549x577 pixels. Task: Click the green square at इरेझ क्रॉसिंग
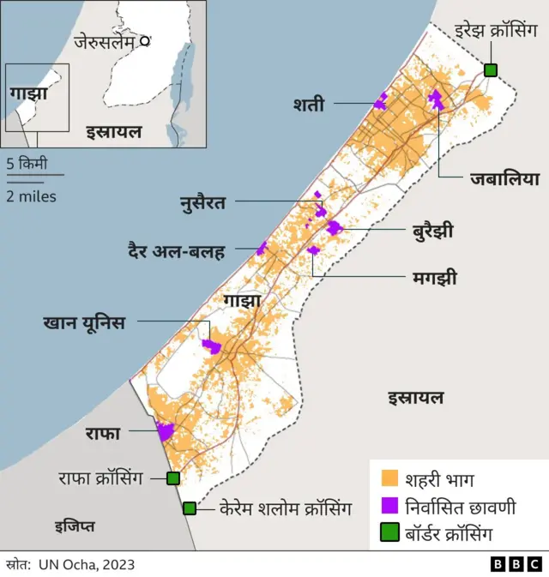pyautogui.click(x=491, y=70)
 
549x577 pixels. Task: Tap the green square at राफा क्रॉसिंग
pyautogui.click(x=173, y=478)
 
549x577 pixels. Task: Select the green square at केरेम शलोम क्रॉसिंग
pyautogui.click(x=190, y=508)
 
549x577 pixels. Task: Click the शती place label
pyautogui.click(x=308, y=105)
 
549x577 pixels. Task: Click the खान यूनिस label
pyautogui.click(x=84, y=322)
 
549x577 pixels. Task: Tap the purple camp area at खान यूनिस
pyautogui.click(x=211, y=346)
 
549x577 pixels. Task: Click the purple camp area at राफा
pyautogui.click(x=165, y=431)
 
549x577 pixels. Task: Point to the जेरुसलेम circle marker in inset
pyautogui.click(x=145, y=40)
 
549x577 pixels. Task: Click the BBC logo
pyautogui.click(x=516, y=563)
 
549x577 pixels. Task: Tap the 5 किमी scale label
pyautogui.click(x=27, y=163)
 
